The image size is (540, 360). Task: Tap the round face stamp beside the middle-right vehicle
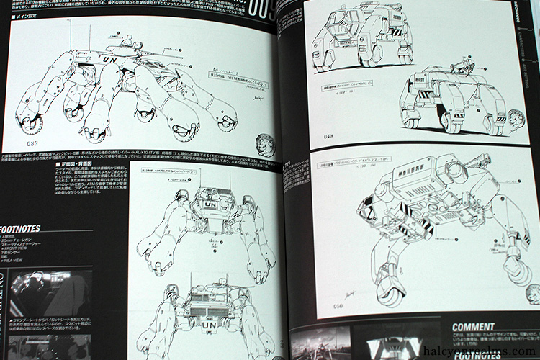click(x=518, y=119)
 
